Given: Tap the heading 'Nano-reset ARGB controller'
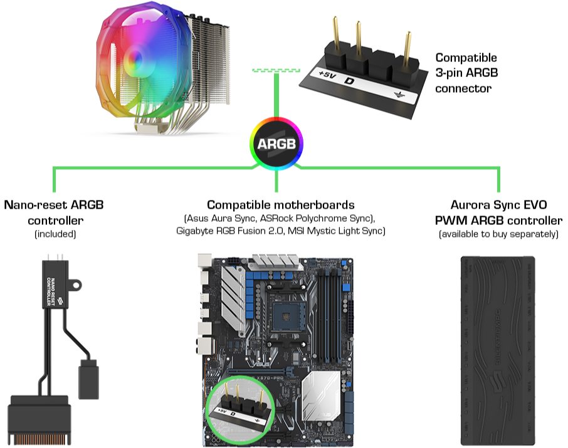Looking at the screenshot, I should point(55,212).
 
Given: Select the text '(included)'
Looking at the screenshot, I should point(55,234).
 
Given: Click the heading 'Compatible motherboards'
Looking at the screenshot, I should point(280,205).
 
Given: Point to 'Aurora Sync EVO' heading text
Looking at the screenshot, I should point(498,205).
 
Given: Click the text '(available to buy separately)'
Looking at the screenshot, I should point(498,234).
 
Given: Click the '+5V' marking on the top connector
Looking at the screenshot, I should point(327,75).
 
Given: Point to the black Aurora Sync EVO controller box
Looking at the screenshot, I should point(498,347).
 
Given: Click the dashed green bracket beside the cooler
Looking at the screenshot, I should point(276,70).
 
